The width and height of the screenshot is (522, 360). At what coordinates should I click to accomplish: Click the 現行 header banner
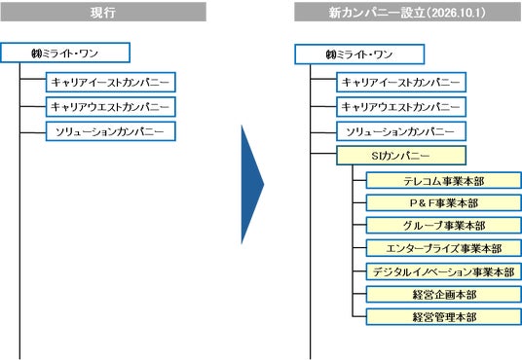tap(103, 12)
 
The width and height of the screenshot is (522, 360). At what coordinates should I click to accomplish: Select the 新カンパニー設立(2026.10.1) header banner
tap(408, 12)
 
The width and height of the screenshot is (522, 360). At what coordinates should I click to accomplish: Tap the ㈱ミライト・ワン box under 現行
tap(65, 53)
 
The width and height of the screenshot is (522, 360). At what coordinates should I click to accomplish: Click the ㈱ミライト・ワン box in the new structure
tap(359, 54)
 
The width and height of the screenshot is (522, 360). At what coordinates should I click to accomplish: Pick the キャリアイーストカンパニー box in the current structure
tap(110, 82)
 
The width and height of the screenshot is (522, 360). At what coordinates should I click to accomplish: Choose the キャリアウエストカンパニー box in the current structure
tap(110, 107)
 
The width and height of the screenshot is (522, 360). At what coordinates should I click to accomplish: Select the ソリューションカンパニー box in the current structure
tap(110, 131)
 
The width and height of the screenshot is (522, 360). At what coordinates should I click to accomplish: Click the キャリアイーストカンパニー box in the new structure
tap(401, 82)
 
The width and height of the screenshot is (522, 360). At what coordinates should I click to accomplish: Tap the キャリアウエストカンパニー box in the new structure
tap(401, 107)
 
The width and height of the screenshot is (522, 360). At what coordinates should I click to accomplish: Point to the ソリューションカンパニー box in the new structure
tap(401, 131)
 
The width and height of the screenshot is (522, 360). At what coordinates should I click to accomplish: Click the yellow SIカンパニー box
tap(401, 156)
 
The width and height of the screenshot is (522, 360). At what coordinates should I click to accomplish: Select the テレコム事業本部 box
tap(444, 181)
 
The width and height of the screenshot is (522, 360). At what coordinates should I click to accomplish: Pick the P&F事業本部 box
tap(444, 203)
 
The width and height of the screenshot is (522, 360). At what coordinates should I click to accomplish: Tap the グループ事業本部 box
tap(444, 226)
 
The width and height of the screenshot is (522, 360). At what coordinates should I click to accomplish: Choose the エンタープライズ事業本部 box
tap(444, 248)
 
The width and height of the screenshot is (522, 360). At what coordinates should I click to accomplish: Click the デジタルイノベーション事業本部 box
tap(444, 271)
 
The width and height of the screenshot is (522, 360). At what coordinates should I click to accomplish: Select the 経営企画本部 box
tap(444, 294)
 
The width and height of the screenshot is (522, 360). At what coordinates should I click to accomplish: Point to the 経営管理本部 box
tap(444, 316)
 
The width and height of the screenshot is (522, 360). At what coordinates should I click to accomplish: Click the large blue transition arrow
tap(251, 185)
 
